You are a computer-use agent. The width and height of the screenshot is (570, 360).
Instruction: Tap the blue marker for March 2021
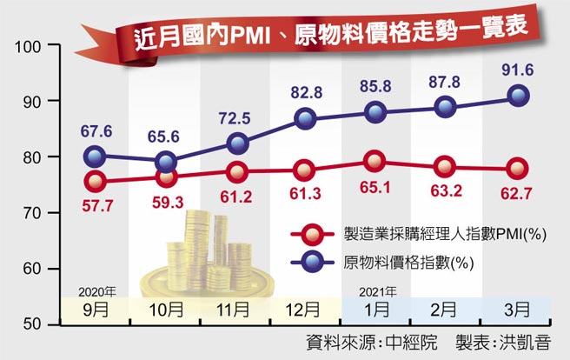click(x=517, y=96)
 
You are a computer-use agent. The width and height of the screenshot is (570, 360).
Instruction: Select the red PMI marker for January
click(x=374, y=160)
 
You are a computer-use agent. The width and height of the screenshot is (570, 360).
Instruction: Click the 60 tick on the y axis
click(x=33, y=269)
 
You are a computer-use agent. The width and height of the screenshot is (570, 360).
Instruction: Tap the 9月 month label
click(x=96, y=309)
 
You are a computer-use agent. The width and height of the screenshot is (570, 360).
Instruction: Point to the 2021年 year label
click(x=374, y=290)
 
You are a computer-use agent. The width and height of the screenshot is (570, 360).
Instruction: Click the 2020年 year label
click(x=96, y=290)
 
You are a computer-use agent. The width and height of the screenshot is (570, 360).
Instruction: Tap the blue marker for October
click(x=166, y=162)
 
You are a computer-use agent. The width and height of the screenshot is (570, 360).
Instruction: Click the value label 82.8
click(x=305, y=91)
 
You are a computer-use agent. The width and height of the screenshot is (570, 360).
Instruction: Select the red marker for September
click(x=96, y=182)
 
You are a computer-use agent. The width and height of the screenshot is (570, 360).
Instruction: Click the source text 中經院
click(x=411, y=342)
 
